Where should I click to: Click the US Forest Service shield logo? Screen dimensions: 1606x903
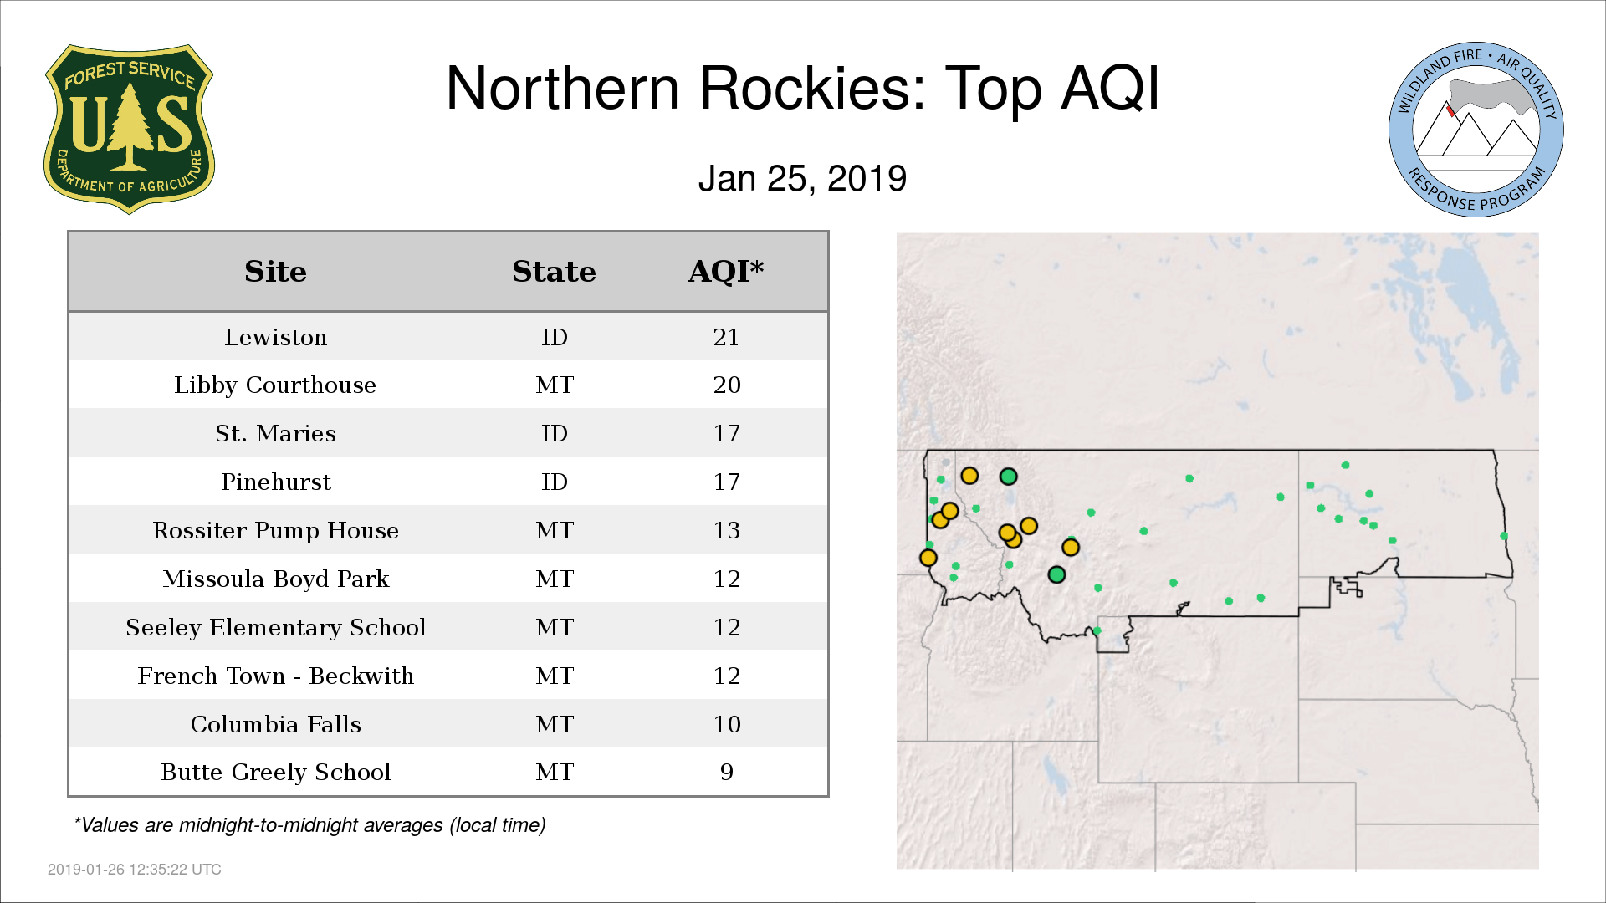pyautogui.click(x=129, y=129)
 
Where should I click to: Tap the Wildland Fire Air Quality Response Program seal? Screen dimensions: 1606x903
pyautogui.click(x=1476, y=130)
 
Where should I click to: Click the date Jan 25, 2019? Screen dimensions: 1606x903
pyautogui.click(x=802, y=178)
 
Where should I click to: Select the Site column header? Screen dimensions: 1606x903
pyautogui.click(x=275, y=272)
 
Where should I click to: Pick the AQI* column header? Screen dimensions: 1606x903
pyautogui.click(x=726, y=271)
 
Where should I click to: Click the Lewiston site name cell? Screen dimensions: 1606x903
pyautogui.click(x=275, y=337)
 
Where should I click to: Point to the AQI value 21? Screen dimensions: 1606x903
pyautogui.click(x=726, y=337)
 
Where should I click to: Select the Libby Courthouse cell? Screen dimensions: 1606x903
pyautogui.click(x=275, y=385)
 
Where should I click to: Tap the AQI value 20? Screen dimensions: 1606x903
pyautogui.click(x=726, y=385)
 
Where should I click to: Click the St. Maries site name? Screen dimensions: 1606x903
pyautogui.click(x=275, y=433)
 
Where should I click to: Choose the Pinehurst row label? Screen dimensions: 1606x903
pyautogui.click(x=275, y=482)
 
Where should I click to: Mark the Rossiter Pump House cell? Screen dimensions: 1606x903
pyautogui.click(x=275, y=530)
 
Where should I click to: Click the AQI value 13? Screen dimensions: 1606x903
pyautogui.click(x=726, y=530)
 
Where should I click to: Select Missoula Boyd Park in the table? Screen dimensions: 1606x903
pyautogui.click(x=275, y=579)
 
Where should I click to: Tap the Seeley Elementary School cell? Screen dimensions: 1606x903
pyautogui.click(x=275, y=627)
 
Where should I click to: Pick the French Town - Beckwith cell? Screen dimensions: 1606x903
pyautogui.click(x=275, y=676)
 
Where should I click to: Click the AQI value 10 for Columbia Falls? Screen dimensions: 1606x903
pyautogui.click(x=726, y=724)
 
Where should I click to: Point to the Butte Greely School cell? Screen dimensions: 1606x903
pyautogui.click(x=275, y=772)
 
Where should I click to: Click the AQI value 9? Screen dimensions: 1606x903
pyautogui.click(x=726, y=772)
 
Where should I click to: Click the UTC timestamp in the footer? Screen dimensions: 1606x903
pyautogui.click(x=135, y=870)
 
